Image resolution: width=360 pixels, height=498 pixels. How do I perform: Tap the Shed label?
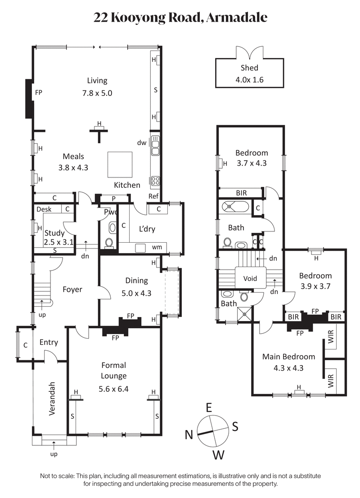pyautogui.click(x=249, y=68)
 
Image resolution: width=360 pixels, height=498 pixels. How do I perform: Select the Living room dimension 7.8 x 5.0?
pyautogui.click(x=97, y=94)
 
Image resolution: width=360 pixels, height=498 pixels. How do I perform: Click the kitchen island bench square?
pyautogui.click(x=120, y=165)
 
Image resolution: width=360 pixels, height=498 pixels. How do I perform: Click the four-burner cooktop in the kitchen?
pyautogui.click(x=155, y=181)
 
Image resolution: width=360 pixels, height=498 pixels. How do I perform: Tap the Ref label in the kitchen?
pyautogui.click(x=153, y=196)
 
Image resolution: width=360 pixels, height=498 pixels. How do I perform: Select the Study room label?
pyautogui.click(x=54, y=233)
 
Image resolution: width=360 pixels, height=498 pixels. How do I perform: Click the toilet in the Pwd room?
pyautogui.click(x=108, y=244)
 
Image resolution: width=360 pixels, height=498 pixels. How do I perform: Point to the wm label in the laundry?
pyautogui.click(x=157, y=247)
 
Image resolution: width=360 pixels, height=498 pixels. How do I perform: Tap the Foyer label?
pyautogui.click(x=72, y=290)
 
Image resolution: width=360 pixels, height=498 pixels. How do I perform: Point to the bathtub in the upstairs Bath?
pyautogui.click(x=235, y=207)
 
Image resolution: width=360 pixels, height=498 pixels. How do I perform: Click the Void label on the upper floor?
pyautogui.click(x=250, y=278)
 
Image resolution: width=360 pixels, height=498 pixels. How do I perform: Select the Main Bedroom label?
pyautogui.click(x=288, y=357)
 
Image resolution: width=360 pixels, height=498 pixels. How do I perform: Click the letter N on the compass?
pyautogui.click(x=189, y=434)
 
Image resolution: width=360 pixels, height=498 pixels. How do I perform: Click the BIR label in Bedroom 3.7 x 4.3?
pyautogui.click(x=241, y=193)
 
